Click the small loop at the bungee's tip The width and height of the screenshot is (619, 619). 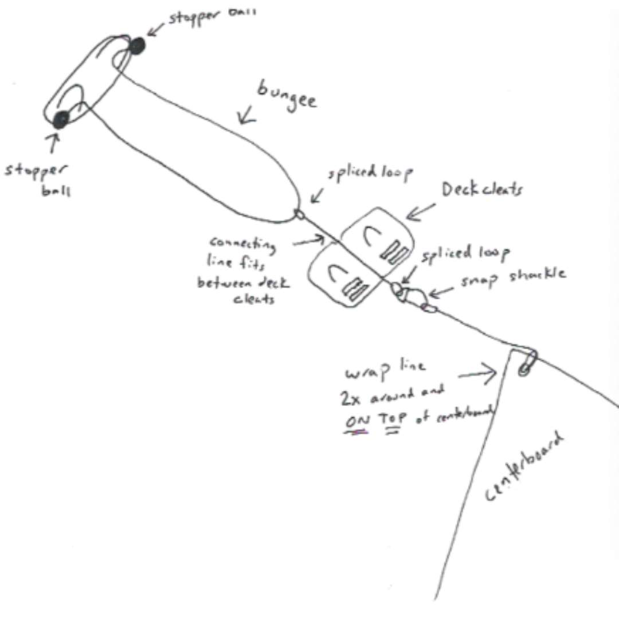pos(299,213)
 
